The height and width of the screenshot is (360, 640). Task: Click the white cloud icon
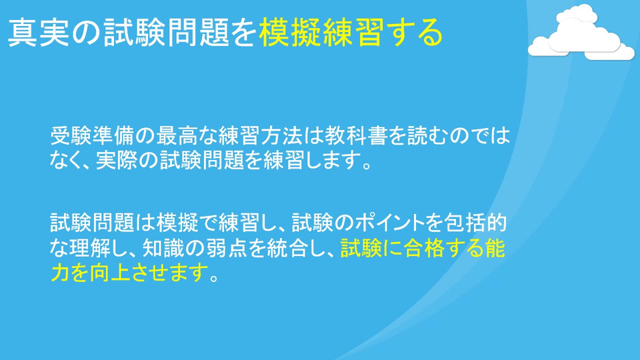click(x=581, y=33)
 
